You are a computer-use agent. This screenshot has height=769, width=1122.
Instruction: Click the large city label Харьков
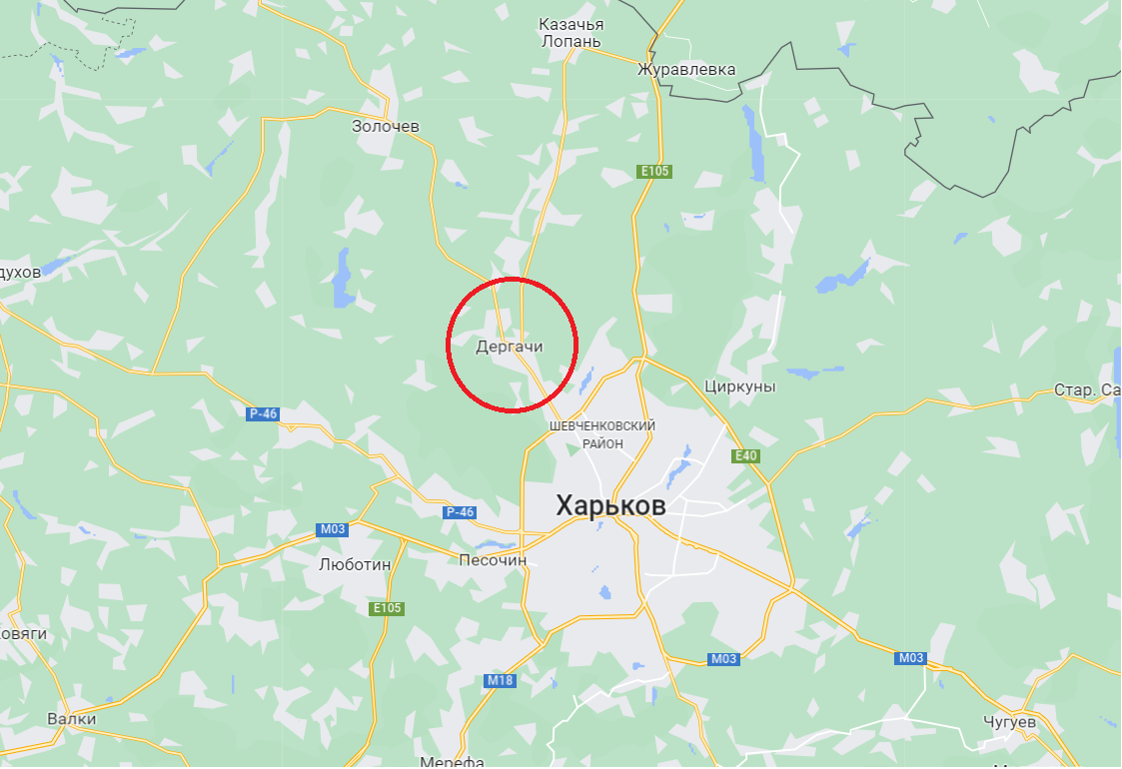point(610,506)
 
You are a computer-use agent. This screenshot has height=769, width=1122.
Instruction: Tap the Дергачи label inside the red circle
point(510,346)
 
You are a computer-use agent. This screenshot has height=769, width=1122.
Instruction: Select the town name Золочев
point(386,127)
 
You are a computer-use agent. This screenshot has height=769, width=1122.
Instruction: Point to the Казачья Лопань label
point(570,32)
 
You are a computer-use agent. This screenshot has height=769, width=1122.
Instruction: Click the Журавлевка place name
point(686,70)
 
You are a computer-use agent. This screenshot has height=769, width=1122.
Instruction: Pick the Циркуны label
point(739,386)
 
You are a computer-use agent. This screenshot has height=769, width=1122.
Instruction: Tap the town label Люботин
point(355,563)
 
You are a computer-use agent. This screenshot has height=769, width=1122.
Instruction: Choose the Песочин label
point(493,560)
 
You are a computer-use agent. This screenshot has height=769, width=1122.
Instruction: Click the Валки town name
point(72,719)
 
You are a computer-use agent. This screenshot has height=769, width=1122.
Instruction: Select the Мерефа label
point(453,762)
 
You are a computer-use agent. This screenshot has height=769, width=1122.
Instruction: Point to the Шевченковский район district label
point(602,434)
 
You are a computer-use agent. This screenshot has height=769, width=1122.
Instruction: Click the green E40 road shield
point(745,456)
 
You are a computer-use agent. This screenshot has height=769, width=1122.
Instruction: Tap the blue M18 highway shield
point(500,681)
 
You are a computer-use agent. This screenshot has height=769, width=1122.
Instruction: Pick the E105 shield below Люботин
point(387,608)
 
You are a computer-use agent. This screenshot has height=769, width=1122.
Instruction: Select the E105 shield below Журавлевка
point(654,172)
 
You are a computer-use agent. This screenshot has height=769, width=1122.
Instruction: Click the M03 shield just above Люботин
point(332,529)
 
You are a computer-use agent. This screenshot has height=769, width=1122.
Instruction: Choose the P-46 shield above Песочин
point(460,512)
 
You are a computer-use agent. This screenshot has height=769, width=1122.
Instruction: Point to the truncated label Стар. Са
point(1087,389)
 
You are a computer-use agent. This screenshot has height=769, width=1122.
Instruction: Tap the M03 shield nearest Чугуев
point(911,658)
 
